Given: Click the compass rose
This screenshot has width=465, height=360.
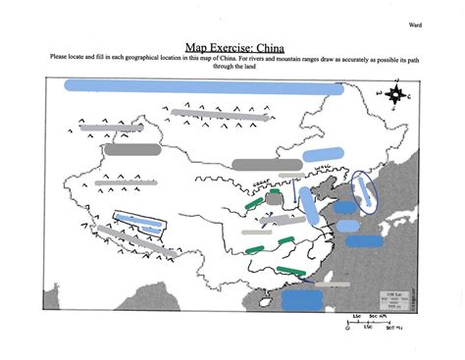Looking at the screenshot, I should [x=397, y=96].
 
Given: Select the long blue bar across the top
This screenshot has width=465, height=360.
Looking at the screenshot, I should [x=202, y=86].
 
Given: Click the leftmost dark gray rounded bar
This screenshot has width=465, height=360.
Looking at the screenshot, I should [x=131, y=150].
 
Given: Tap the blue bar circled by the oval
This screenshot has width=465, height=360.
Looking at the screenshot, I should [x=368, y=192].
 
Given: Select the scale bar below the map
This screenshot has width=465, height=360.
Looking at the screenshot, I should [x=369, y=322].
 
